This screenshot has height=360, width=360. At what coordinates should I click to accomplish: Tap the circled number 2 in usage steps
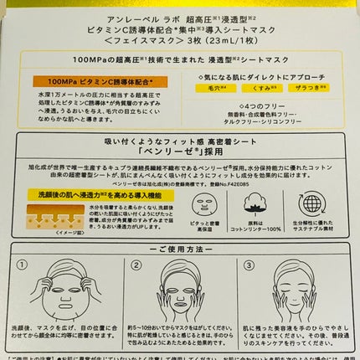pyautogui.click(x=133, y=265)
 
